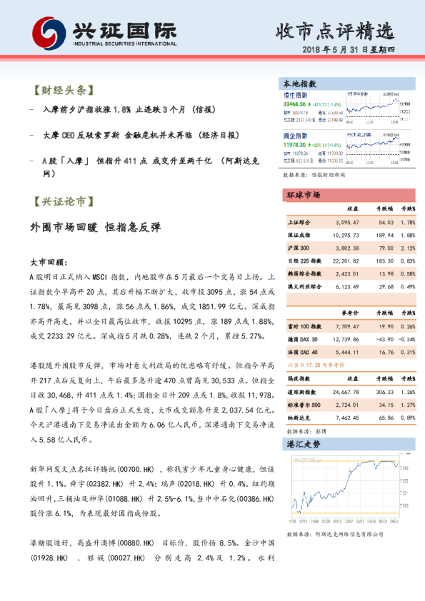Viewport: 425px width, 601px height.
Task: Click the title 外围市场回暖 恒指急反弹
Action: coord(96,228)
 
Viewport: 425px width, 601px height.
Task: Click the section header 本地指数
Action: coord(300,84)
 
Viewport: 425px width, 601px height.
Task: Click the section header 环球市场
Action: coord(304,195)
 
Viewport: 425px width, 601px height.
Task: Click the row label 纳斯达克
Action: coord(298,418)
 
